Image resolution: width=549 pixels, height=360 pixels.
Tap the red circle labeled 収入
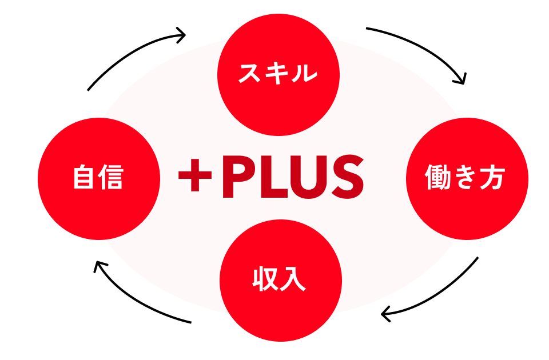point(280,280)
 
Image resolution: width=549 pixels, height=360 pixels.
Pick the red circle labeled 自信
point(98,178)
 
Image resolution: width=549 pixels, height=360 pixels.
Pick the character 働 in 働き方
point(438,178)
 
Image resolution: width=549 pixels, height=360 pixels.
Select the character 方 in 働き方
point(494,178)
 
